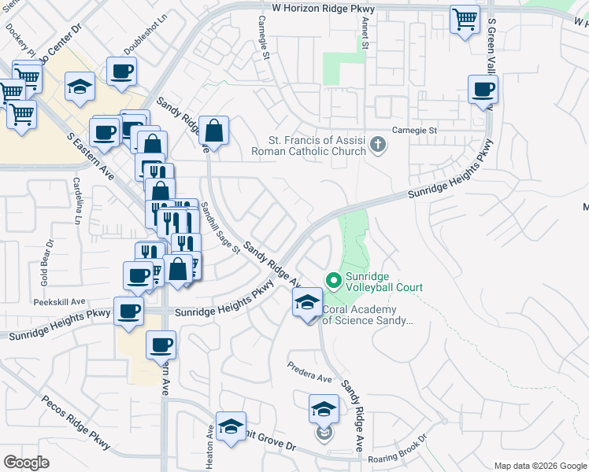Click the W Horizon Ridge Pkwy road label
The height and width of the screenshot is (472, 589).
click(324, 7)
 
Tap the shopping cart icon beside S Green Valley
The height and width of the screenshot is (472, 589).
click(465, 19)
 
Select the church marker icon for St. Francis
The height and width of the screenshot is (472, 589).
click(379, 145)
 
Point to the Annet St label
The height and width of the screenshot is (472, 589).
click(365, 34)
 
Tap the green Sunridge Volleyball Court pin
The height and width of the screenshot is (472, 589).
click(333, 279)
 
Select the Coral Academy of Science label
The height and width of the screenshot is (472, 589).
click(367, 315)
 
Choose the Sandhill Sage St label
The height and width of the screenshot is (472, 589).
click(220, 228)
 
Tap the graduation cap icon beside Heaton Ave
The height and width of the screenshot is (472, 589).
click(231, 427)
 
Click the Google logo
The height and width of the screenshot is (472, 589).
click(26, 463)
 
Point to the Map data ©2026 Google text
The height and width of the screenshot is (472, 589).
click(539, 466)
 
